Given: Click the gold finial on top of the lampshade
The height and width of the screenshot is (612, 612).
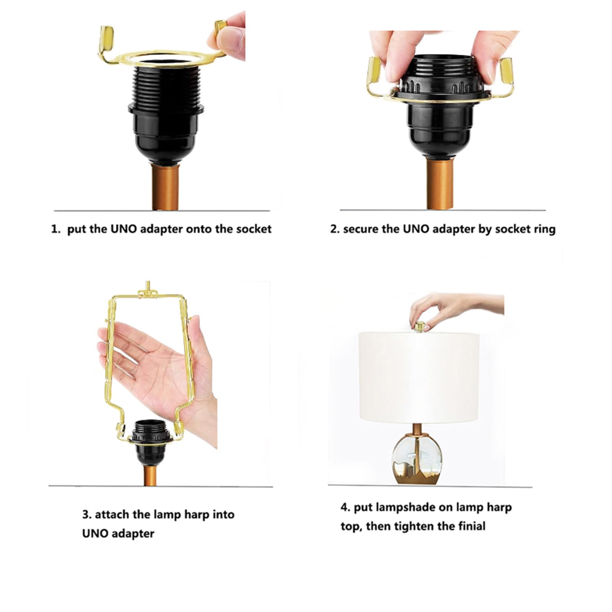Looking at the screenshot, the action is coord(420,327).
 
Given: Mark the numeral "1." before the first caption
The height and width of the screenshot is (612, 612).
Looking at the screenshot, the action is coord(56,229).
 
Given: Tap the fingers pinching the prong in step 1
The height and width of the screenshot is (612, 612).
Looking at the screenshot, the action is coord(228,35).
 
